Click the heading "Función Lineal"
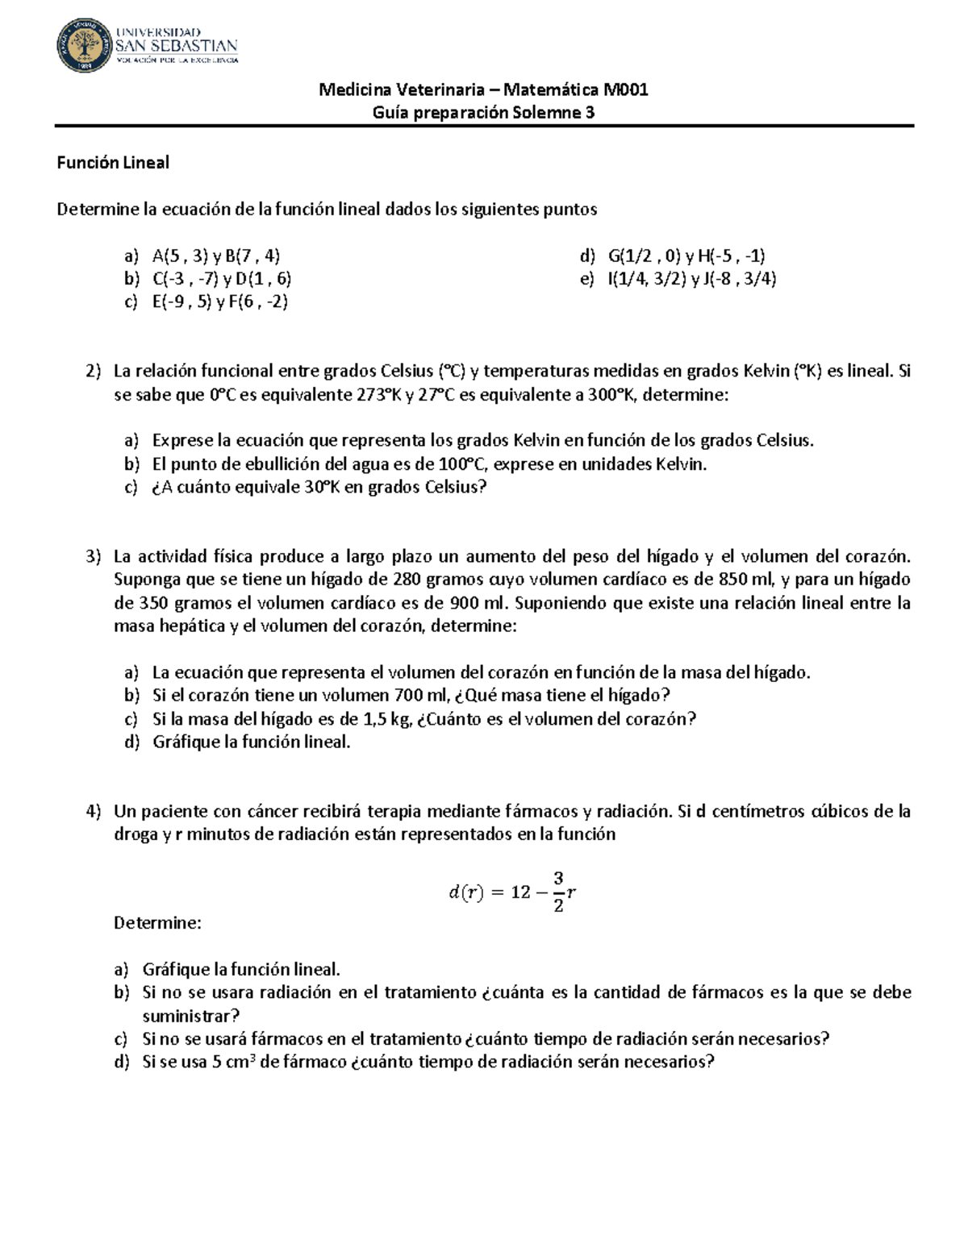113,163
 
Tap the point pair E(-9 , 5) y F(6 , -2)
220,302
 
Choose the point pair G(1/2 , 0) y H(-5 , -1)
686,256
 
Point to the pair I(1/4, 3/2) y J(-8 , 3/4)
692,279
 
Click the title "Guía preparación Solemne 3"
483,113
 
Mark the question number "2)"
94,372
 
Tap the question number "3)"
94,556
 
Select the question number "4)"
94,811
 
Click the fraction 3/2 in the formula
558,892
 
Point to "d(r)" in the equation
465,892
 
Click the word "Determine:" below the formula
157,923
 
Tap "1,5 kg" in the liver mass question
387,719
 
